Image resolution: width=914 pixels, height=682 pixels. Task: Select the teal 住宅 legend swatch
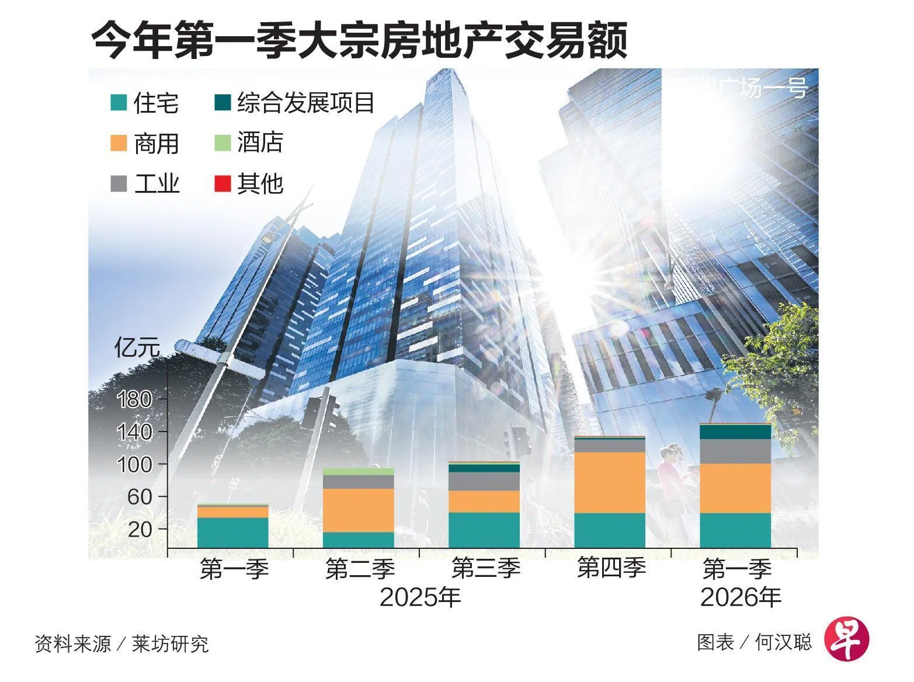[119, 103]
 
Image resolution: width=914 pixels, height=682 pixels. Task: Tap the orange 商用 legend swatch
[119, 143]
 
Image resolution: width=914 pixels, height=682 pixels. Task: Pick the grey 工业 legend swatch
[119, 183]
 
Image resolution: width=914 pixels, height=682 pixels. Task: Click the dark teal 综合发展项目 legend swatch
[223, 103]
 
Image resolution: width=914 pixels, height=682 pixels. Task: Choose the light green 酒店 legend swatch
[223, 142]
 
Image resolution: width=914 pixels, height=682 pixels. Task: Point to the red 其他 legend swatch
[223, 183]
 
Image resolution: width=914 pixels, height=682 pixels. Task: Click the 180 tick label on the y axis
[135, 400]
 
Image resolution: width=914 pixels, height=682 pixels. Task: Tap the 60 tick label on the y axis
[140, 497]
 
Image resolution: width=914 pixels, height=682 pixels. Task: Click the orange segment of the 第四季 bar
[610, 482]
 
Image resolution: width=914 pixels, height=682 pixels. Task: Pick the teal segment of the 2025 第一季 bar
[232, 533]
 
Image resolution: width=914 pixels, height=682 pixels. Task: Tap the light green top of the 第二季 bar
[359, 471]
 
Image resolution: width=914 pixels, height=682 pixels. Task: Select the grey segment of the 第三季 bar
[484, 481]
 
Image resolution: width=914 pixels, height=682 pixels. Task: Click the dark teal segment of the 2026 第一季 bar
[735, 432]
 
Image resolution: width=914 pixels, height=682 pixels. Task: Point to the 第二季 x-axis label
[360, 569]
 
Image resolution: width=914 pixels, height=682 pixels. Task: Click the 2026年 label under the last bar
[741, 597]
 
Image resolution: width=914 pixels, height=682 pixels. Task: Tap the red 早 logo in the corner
[846, 638]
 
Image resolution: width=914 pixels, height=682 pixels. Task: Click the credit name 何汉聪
[783, 642]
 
